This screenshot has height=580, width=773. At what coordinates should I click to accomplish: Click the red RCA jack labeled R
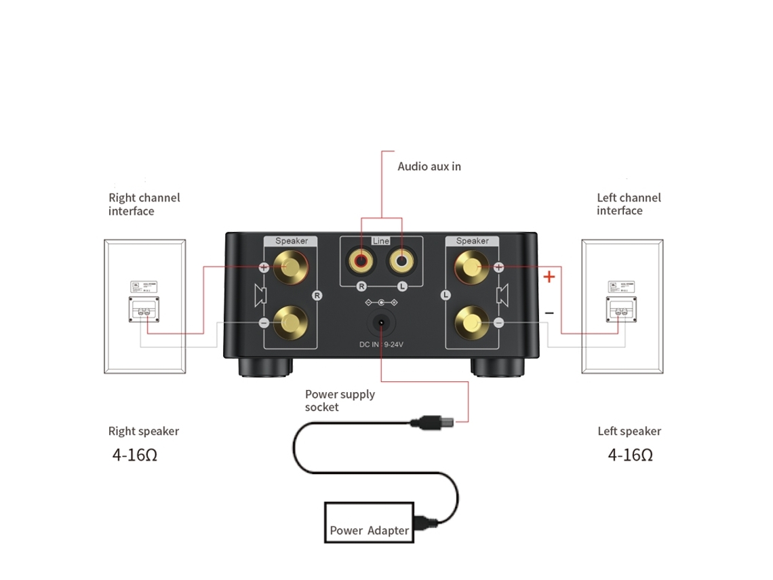coord(359,259)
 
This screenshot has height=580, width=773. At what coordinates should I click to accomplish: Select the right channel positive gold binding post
coord(290,266)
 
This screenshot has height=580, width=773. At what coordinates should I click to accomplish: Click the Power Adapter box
coord(369,522)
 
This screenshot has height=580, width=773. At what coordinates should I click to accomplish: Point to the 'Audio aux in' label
coord(429,166)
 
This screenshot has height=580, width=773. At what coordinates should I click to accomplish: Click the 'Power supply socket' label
coord(340,400)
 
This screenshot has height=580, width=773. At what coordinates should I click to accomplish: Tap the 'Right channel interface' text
coord(144,204)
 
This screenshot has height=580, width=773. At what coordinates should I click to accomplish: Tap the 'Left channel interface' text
coord(629,204)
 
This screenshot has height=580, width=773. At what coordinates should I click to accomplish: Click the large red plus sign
coord(549,277)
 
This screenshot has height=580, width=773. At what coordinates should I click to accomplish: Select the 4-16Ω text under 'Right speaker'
coord(135,455)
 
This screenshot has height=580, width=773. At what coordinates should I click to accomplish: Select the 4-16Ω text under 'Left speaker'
coord(631,455)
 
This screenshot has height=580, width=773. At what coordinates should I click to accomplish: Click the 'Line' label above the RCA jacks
coord(381,241)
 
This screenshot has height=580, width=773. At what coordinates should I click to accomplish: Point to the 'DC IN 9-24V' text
coord(381,345)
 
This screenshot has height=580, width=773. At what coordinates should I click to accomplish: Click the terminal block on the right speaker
coord(145,311)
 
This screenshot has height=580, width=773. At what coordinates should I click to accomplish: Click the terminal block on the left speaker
coord(620,311)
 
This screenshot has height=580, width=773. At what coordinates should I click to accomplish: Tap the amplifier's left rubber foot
coord(265,367)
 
